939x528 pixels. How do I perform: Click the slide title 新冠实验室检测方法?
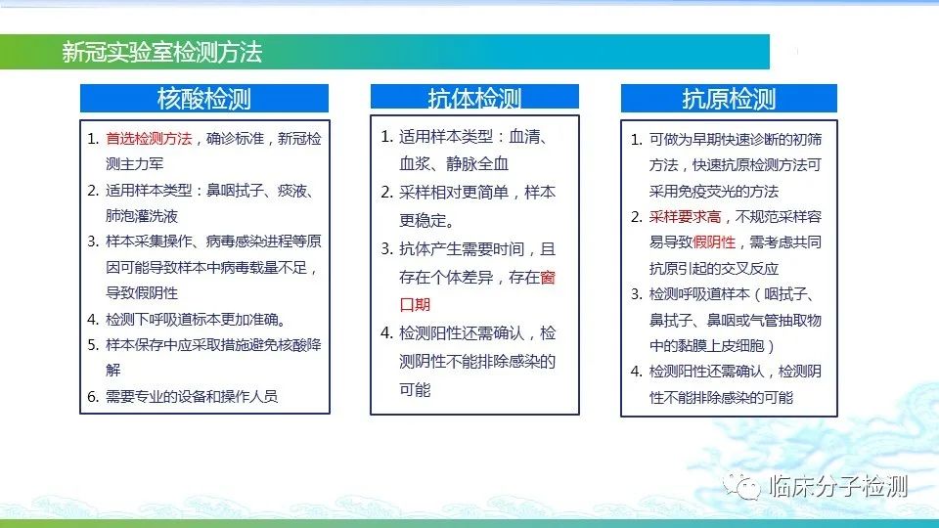161,52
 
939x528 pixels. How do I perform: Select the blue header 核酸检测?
204,98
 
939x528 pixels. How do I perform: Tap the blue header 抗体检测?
474,98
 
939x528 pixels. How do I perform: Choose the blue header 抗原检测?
729,98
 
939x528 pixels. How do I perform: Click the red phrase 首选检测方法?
149,139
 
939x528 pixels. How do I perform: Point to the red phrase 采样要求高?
685,217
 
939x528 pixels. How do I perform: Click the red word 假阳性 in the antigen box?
714,242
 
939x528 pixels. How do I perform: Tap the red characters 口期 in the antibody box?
415,305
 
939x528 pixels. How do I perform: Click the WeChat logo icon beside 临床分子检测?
741,486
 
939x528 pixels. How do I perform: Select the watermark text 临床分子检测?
838,486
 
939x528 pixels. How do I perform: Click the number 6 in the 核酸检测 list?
92,397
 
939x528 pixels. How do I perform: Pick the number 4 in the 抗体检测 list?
385,333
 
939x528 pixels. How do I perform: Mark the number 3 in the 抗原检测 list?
636,294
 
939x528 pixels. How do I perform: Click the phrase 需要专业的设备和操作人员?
192,396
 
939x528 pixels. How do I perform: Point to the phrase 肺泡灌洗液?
142,216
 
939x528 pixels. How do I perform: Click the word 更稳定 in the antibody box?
423,221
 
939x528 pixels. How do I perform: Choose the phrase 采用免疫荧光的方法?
714,192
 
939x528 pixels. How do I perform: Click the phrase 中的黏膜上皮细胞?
707,346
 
